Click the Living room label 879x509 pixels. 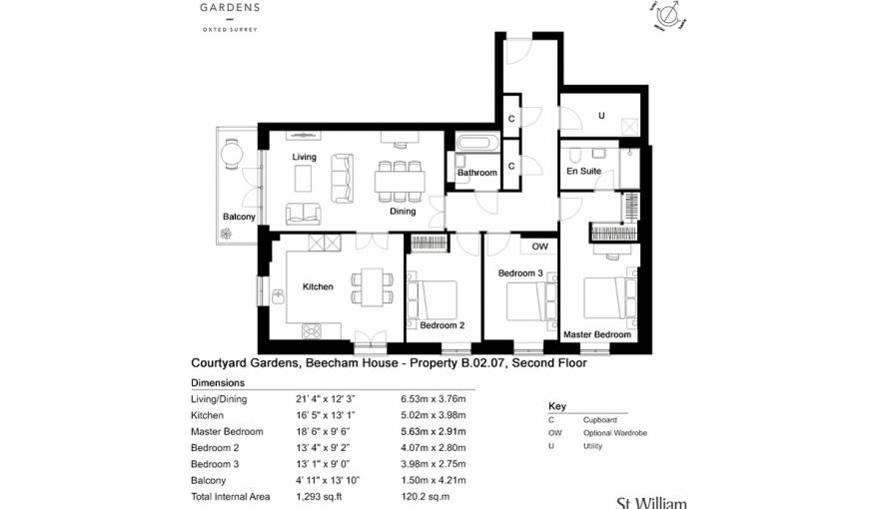tap(304, 158)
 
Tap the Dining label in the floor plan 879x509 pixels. tap(403, 212)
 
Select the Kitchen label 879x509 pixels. tap(318, 287)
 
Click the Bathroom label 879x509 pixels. tap(477, 174)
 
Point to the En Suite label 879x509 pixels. tap(583, 172)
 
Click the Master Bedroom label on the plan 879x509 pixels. tap(597, 335)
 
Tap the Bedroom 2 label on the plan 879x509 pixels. tap(441, 325)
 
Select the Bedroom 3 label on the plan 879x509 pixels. tap(520, 273)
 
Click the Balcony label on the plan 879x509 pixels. tap(239, 217)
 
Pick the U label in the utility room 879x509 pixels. tap(600, 116)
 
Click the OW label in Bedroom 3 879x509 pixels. tap(539, 247)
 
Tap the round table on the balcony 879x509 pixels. tap(233, 153)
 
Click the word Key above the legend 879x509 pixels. tap(557, 406)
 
